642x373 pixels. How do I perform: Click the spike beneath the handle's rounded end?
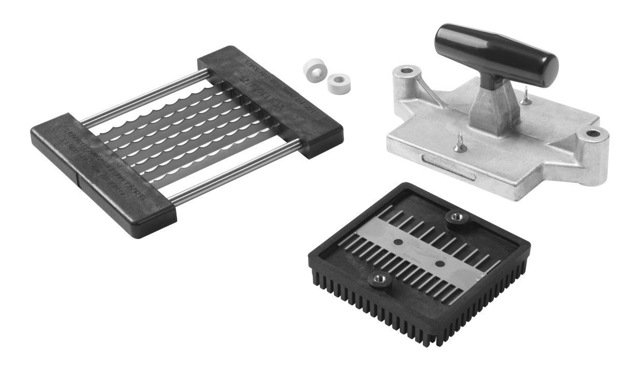click(x=526, y=96)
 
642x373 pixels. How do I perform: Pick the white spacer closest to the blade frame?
click(x=313, y=68)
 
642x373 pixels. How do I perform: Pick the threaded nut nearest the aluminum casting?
click(x=455, y=218)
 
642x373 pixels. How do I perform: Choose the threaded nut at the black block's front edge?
click(x=378, y=281)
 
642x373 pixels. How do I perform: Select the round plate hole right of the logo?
click(x=440, y=264)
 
